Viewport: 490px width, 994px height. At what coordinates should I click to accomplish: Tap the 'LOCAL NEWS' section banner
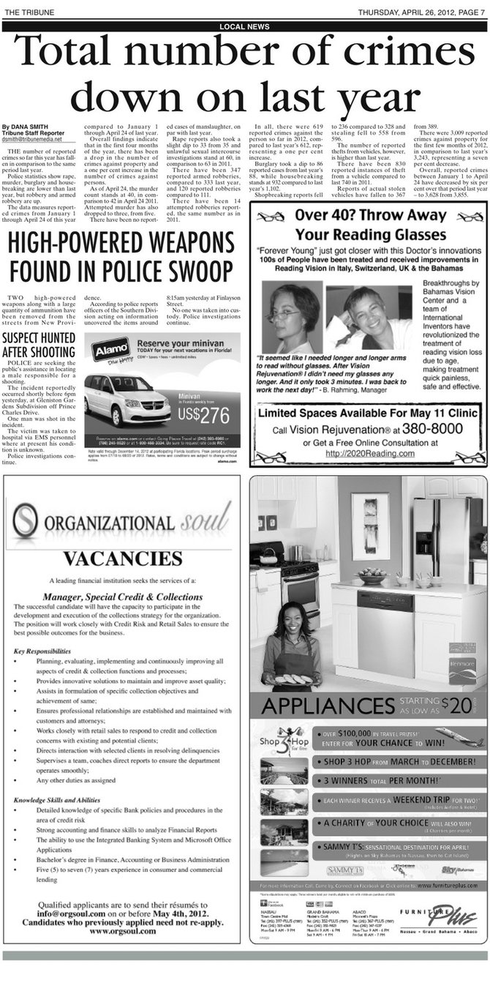[x=244, y=26]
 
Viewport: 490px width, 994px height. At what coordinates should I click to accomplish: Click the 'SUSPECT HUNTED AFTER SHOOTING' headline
[x=39, y=345]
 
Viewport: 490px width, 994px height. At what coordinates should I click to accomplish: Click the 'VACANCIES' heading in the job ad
[x=121, y=558]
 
